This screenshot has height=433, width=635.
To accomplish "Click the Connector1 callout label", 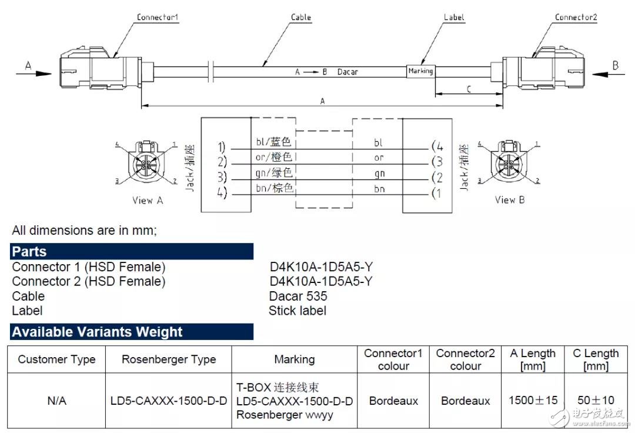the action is tap(157, 17).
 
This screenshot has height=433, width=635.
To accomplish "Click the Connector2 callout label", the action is tap(576, 17).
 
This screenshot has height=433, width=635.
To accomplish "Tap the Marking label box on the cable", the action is tap(420, 71).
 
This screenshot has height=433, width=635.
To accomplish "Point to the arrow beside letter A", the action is tap(34, 74).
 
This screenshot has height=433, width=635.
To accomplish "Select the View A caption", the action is tap(148, 200).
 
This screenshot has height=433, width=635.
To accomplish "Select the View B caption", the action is tap(509, 199).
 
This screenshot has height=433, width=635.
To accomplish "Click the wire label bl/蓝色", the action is tap(273, 141).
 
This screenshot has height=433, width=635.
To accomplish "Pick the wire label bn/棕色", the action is tap(274, 188).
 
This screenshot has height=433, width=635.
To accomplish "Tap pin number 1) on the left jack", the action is tap(221, 146).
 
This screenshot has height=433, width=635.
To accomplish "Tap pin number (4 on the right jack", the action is tap(437, 146).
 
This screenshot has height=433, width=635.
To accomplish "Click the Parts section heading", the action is tap(29, 252).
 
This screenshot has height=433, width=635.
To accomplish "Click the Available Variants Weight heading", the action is tap(97, 332).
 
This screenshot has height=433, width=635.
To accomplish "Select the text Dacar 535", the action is tap(298, 296).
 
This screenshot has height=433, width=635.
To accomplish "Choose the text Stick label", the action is tap(298, 311).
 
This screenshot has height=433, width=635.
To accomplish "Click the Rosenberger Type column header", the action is tap(169, 359).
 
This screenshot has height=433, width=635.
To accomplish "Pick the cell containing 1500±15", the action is tap(533, 400).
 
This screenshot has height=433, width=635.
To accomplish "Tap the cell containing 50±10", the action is tap(596, 400).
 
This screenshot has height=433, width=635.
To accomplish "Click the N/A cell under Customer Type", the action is tap(56, 401).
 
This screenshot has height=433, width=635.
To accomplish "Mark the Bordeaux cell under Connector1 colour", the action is tap(393, 401).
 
